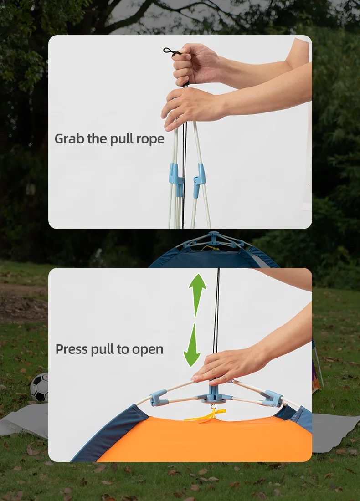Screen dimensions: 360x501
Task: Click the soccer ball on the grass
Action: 39,387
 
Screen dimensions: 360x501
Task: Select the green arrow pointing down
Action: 192,345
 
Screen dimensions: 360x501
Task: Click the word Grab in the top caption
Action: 69,138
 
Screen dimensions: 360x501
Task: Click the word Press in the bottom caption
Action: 71,349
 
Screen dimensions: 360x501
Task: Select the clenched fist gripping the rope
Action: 195,64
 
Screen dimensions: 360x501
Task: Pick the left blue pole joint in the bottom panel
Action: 159,398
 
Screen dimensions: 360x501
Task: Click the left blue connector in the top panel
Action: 175,179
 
